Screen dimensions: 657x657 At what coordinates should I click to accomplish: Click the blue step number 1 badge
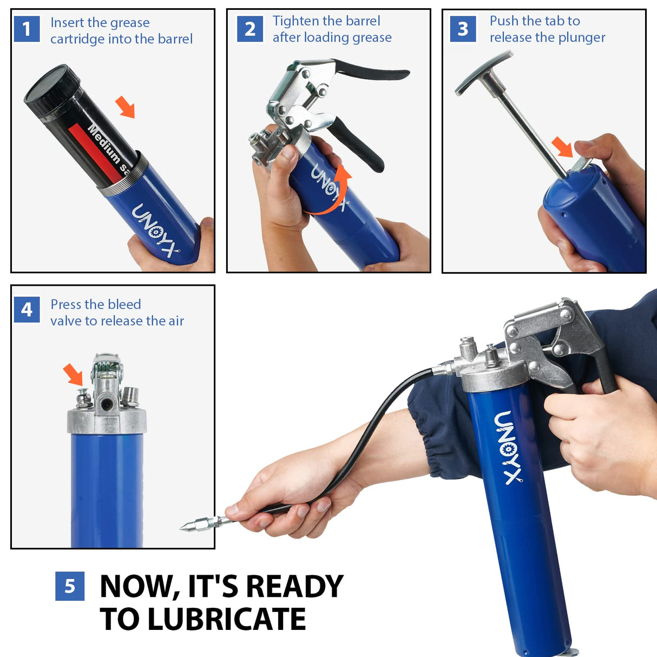click(27, 29)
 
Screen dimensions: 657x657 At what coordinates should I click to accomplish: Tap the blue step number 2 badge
click(250, 29)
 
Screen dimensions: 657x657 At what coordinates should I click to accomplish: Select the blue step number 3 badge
click(463, 29)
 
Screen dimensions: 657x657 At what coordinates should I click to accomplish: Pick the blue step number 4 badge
click(27, 310)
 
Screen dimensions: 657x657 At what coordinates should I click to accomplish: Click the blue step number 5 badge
click(70, 586)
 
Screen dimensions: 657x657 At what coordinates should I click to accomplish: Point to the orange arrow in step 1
click(126, 107)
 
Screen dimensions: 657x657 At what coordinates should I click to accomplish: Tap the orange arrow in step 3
click(562, 147)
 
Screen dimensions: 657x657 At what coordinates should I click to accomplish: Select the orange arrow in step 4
click(74, 374)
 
